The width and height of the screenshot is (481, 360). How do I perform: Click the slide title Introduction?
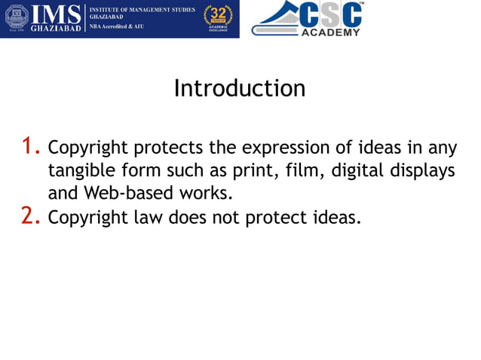[240, 89]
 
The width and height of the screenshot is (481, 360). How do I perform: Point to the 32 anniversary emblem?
[218, 18]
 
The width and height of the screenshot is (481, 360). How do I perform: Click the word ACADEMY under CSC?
[330, 32]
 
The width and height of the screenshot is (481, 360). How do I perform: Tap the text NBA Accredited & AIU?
[116, 26]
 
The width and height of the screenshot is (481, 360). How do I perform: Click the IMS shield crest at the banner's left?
[17, 18]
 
